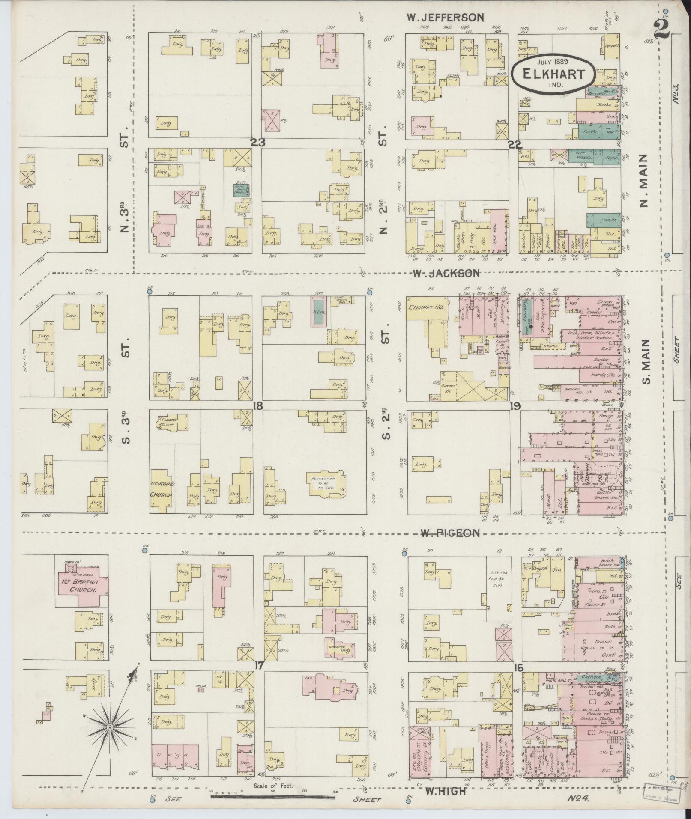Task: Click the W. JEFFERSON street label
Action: (x=445, y=18)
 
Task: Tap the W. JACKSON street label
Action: (x=446, y=273)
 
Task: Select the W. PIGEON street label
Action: (x=449, y=533)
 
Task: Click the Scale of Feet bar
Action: (x=273, y=797)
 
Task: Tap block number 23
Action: (x=258, y=143)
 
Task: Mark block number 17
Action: (x=258, y=666)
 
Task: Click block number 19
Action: (x=515, y=406)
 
